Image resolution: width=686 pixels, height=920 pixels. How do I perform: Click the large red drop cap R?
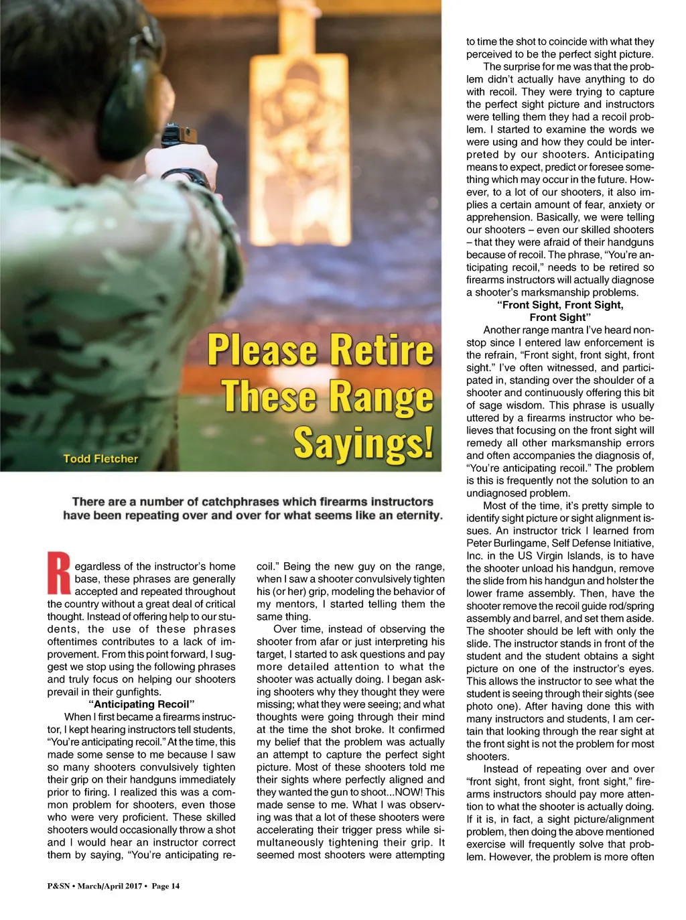tap(59, 573)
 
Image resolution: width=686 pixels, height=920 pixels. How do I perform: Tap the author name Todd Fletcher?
tap(100, 459)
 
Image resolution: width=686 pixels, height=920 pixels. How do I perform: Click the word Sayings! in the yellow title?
tap(363, 444)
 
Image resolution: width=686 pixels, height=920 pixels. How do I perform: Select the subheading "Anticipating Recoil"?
tap(141, 704)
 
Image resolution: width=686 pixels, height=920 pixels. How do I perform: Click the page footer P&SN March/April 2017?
tap(94, 886)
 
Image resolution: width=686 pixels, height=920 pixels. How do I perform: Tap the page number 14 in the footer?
tap(175, 886)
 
